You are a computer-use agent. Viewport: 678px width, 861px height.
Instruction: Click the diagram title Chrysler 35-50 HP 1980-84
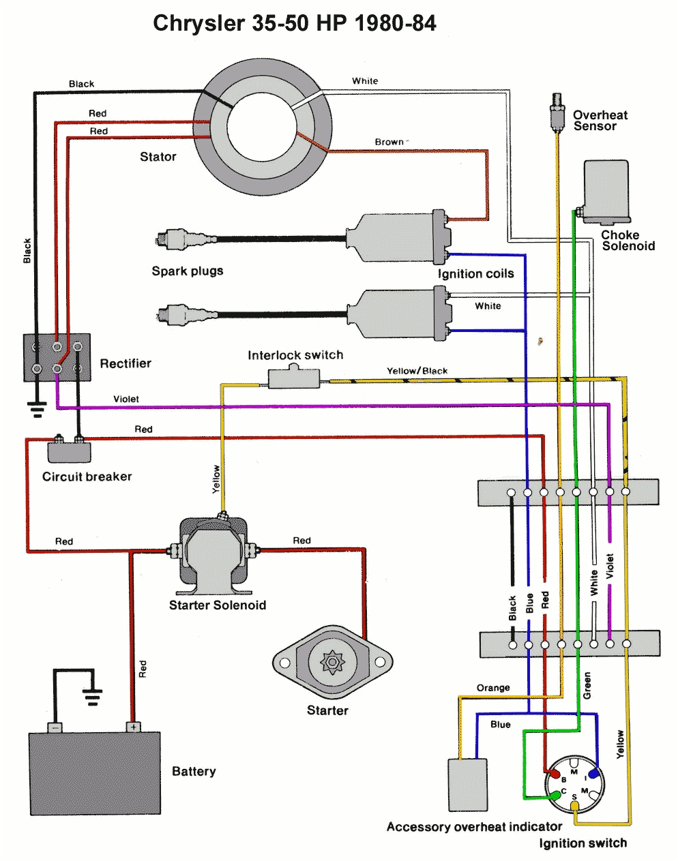pyautogui.click(x=294, y=23)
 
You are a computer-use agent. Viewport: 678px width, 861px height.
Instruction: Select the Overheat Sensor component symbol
pyautogui.click(x=557, y=113)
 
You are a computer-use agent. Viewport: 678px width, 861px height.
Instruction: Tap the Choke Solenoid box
pyautogui.click(x=606, y=192)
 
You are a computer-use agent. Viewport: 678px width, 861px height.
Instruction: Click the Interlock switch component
pyautogui.click(x=294, y=378)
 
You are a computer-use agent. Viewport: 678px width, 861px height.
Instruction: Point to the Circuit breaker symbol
pyautogui.click(x=69, y=451)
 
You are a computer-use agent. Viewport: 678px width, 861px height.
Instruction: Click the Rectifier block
pyautogui.click(x=57, y=358)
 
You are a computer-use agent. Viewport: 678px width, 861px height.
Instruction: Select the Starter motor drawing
pyautogui.click(x=333, y=662)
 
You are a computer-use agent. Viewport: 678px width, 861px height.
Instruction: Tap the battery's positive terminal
pyautogui.click(x=133, y=727)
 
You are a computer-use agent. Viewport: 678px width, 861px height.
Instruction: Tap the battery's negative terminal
pyautogui.click(x=55, y=727)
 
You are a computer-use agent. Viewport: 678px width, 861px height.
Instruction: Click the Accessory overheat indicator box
pyautogui.click(x=467, y=783)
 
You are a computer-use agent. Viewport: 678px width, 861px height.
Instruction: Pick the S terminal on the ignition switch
pyautogui.click(x=575, y=805)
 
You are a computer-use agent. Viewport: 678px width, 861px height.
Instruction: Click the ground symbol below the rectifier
pyautogui.click(x=36, y=409)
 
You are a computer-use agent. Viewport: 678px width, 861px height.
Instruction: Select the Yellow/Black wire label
pyautogui.click(x=417, y=371)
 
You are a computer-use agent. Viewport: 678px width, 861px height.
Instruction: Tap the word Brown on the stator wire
pyautogui.click(x=389, y=142)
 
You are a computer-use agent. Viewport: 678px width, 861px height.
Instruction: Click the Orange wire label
pyautogui.click(x=492, y=688)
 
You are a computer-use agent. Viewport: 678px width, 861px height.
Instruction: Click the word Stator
pyautogui.click(x=158, y=157)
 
